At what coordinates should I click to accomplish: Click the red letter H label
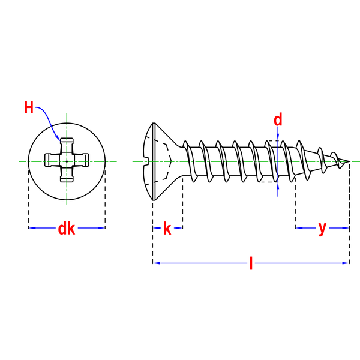click(x=29, y=107)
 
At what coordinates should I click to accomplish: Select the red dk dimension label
click(x=67, y=229)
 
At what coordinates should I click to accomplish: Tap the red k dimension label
click(x=167, y=229)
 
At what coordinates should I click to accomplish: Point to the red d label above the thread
click(x=278, y=120)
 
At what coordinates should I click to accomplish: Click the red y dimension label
click(x=322, y=229)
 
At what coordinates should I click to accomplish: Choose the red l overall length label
click(x=251, y=263)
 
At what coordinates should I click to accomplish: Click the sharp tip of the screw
click(x=349, y=161)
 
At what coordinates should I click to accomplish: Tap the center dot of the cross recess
click(x=67, y=161)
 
